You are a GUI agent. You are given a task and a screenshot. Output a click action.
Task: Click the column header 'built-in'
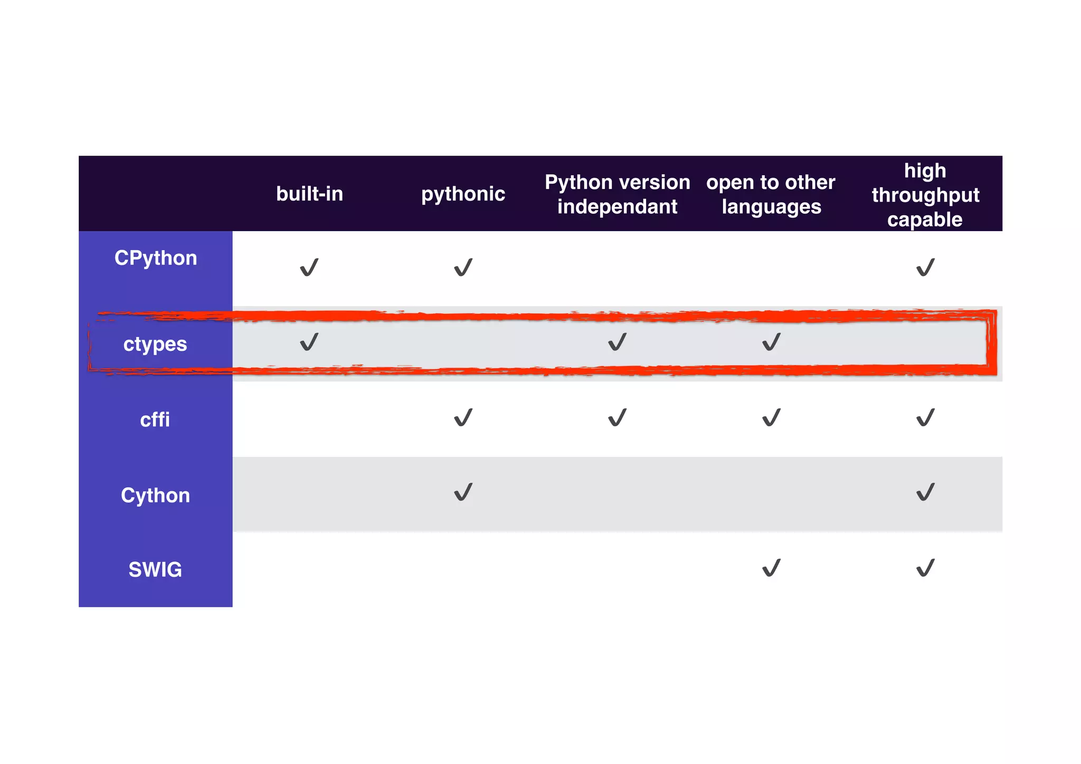pyautogui.click(x=309, y=194)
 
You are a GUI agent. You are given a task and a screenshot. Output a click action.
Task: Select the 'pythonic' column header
pyautogui.click(x=463, y=194)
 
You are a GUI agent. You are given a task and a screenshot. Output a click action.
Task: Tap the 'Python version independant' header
pyautogui.click(x=617, y=194)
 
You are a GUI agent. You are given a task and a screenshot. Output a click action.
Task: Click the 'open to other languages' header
pyautogui.click(x=771, y=194)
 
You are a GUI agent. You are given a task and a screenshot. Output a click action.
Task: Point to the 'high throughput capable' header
pyautogui.click(x=925, y=194)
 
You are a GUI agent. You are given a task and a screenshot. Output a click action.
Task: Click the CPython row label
pyautogui.click(x=156, y=258)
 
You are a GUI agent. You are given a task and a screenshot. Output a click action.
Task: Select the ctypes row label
pyautogui.click(x=155, y=344)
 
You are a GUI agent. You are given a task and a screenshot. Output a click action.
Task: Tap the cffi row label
pyautogui.click(x=155, y=420)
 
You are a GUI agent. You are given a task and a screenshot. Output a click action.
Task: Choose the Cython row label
pyautogui.click(x=155, y=495)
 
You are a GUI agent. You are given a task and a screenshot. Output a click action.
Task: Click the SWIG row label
pyautogui.click(x=155, y=570)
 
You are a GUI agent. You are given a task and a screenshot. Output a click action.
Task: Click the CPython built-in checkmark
pyautogui.click(x=309, y=268)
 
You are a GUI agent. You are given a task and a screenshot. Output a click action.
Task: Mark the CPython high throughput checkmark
pyautogui.click(x=925, y=268)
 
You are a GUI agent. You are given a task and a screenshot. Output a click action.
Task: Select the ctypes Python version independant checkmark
pyautogui.click(x=617, y=342)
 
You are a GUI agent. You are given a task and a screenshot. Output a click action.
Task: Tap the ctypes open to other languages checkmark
pyautogui.click(x=771, y=342)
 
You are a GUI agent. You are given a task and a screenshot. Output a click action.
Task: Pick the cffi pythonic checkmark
pyautogui.click(x=463, y=418)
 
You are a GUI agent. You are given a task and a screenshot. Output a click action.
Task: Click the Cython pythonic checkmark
pyautogui.click(x=463, y=492)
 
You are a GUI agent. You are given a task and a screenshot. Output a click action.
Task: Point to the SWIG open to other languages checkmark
pyautogui.click(x=771, y=568)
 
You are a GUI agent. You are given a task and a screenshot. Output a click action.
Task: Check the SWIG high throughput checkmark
pyautogui.click(x=925, y=568)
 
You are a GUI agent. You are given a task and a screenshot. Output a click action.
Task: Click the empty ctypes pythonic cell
pyautogui.click(x=463, y=343)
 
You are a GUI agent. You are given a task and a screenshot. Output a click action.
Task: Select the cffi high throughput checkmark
pyautogui.click(x=925, y=418)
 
